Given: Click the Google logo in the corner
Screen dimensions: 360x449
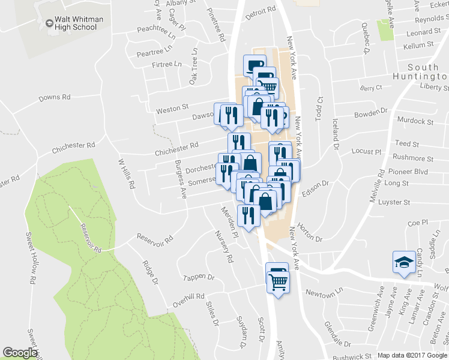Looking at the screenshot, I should pos(19,353).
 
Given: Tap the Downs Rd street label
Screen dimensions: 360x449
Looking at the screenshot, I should pos(55,97).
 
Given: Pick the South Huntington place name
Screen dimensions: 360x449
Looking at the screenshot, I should pos(427,72).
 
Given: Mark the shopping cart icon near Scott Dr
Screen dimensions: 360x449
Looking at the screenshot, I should pos(278,281).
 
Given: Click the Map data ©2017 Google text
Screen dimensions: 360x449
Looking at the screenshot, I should pos(411,355).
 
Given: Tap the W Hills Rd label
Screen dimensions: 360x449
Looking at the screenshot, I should pos(124,174).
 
